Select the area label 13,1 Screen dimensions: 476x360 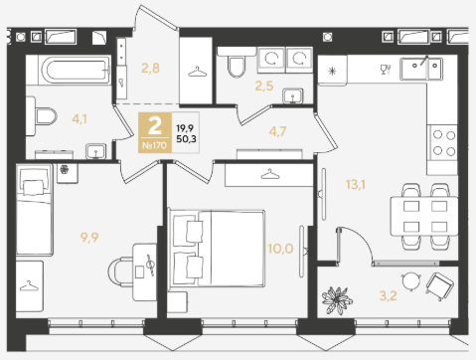[356, 184]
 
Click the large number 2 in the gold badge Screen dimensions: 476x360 [155, 125]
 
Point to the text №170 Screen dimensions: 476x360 [155, 145]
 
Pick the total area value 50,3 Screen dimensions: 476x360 [186, 139]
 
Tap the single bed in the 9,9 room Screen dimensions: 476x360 [35, 210]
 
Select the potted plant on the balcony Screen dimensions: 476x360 [337, 300]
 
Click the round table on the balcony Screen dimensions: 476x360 [411, 281]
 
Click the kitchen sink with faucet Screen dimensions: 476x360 [421, 69]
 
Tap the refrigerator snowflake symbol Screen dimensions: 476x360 [332, 71]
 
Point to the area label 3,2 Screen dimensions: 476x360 [388, 295]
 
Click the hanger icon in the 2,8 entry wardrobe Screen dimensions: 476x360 [197, 72]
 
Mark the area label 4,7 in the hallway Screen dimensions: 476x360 [277, 131]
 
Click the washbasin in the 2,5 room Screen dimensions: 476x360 [293, 96]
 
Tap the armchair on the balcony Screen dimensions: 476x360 [439, 286]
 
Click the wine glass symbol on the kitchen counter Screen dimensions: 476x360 [386, 70]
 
